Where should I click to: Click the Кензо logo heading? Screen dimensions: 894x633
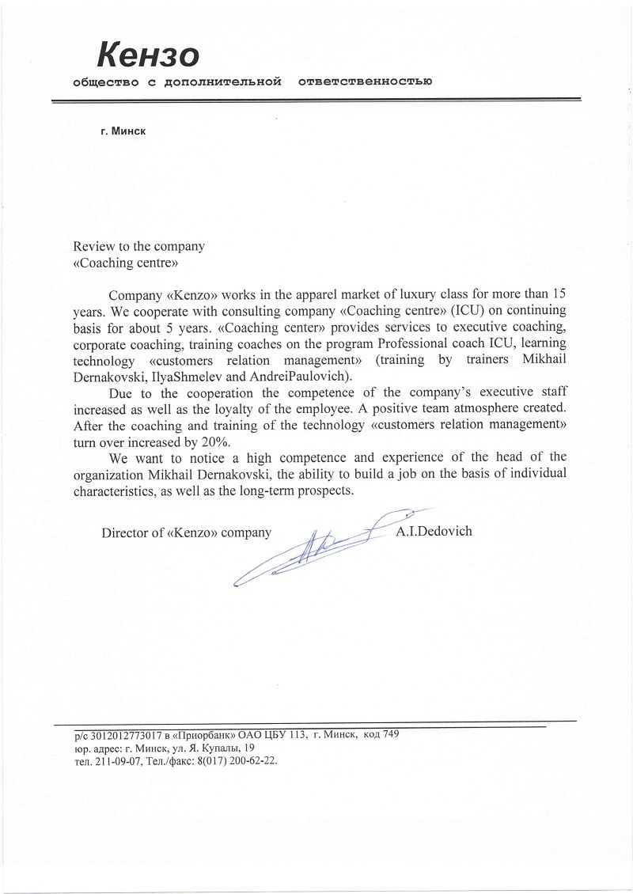click(x=148, y=55)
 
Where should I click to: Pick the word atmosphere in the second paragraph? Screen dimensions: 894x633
click(x=476, y=410)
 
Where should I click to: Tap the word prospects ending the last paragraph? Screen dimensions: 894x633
click(x=322, y=491)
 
